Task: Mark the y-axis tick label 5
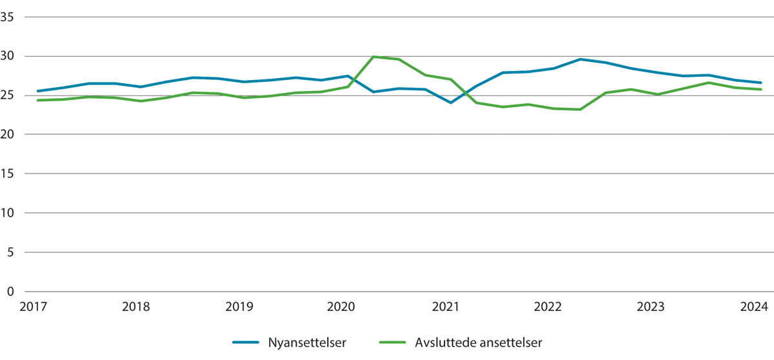click(x=12, y=252)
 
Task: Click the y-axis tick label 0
click(x=12, y=292)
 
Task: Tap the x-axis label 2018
click(x=136, y=307)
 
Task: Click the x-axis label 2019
click(x=239, y=307)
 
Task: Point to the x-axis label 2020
click(x=342, y=307)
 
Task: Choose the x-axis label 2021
click(x=445, y=307)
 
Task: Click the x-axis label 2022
click(x=548, y=307)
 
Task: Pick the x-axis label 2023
click(x=650, y=307)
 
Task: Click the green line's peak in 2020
click(x=374, y=57)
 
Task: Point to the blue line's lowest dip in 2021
click(x=451, y=103)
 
